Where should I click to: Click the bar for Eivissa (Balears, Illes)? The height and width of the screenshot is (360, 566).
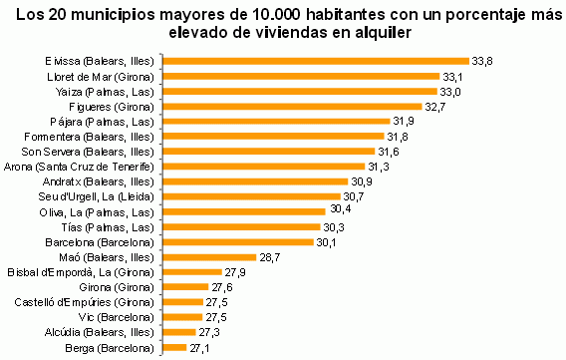tap(315, 61)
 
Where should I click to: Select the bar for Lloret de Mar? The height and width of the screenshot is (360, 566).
tap(300, 76)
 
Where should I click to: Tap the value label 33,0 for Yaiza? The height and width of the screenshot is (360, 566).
tap(451, 91)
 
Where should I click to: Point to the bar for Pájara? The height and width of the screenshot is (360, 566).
tap(275, 121)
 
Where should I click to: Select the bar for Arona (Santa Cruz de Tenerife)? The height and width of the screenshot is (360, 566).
tap(263, 166)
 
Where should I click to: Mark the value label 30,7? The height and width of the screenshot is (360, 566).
tap(354, 196)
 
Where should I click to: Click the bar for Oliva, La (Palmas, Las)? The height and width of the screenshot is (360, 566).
tap(243, 211)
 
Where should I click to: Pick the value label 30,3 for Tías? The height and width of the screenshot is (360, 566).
tap(334, 226)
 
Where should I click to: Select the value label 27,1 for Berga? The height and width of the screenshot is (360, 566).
tap(199, 347)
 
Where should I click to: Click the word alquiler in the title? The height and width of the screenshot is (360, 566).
tap(383, 34)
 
